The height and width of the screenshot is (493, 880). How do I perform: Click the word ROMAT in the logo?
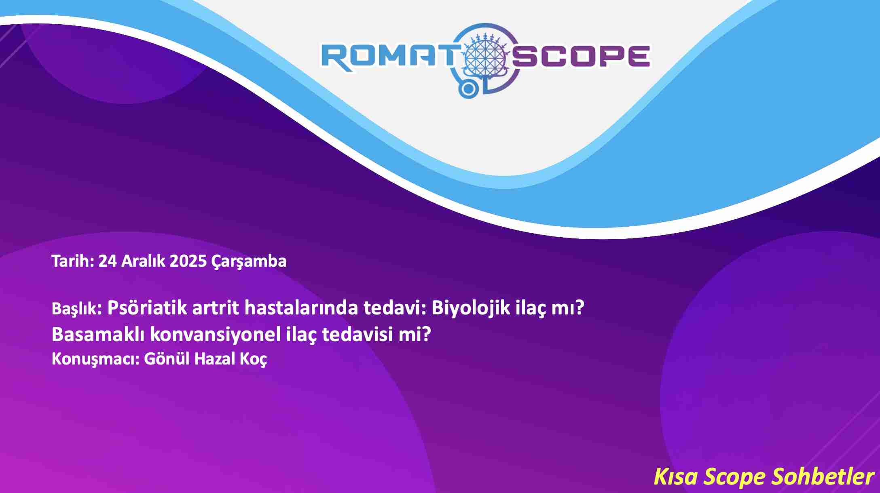pyautogui.click(x=389, y=57)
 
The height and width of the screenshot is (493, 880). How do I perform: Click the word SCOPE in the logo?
pyautogui.click(x=581, y=56)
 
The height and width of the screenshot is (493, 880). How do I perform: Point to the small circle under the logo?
pyautogui.click(x=468, y=89)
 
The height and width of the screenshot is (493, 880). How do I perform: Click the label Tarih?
pyautogui.click(x=73, y=261)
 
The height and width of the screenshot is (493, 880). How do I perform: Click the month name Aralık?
pyautogui.click(x=143, y=261)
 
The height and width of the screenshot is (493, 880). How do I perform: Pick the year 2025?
pyautogui.click(x=188, y=261)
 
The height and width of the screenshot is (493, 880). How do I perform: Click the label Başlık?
pyautogui.click(x=76, y=309)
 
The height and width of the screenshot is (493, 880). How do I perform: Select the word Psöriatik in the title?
pyautogui.click(x=147, y=308)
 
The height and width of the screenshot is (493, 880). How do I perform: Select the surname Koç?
pyautogui.click(x=253, y=359)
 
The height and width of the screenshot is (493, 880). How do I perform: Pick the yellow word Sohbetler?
pyautogui.click(x=823, y=476)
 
